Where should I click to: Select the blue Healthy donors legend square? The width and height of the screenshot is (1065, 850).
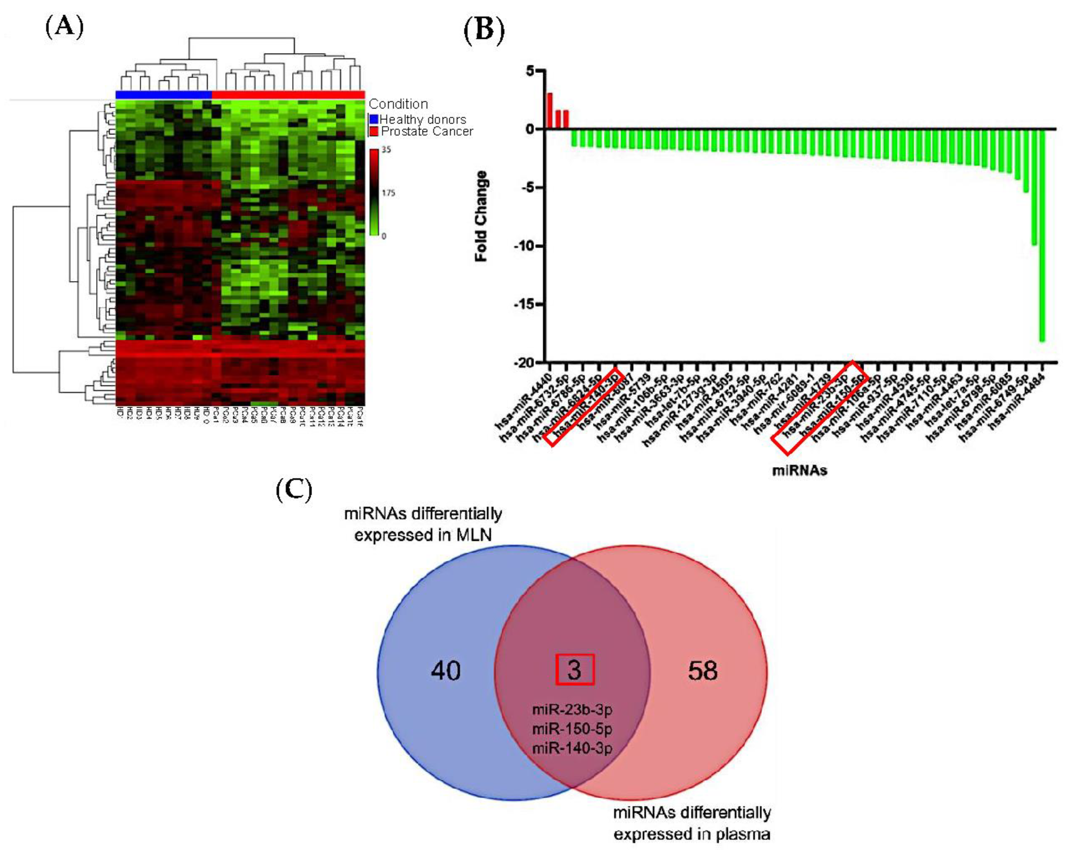pyautogui.click(x=374, y=119)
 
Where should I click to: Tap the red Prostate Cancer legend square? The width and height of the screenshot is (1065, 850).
pyautogui.click(x=374, y=131)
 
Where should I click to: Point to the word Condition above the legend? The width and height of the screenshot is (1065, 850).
pyautogui.click(x=398, y=104)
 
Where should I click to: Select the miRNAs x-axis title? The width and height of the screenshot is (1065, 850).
pyautogui.click(x=799, y=470)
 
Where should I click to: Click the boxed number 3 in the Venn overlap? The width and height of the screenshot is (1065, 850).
pyautogui.click(x=574, y=670)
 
